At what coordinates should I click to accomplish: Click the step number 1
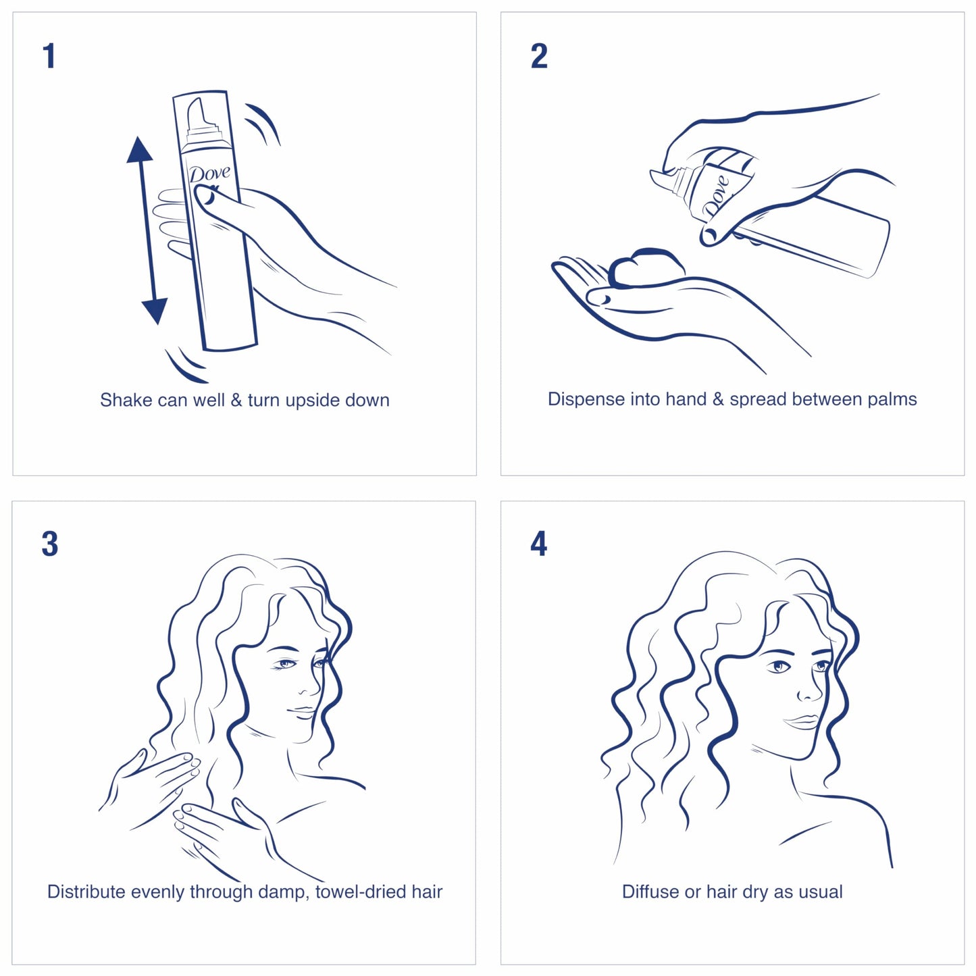click(x=49, y=56)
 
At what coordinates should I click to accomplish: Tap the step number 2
click(x=539, y=56)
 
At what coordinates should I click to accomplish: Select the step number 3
click(x=49, y=544)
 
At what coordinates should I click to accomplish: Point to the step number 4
click(x=538, y=544)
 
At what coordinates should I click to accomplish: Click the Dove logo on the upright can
click(x=209, y=174)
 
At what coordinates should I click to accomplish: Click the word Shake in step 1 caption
click(x=126, y=401)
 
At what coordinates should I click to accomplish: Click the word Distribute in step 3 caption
click(x=86, y=892)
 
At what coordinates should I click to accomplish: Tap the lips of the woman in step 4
click(x=802, y=722)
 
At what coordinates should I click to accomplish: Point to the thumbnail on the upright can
click(x=205, y=196)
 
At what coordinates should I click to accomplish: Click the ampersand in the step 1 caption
click(x=236, y=401)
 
